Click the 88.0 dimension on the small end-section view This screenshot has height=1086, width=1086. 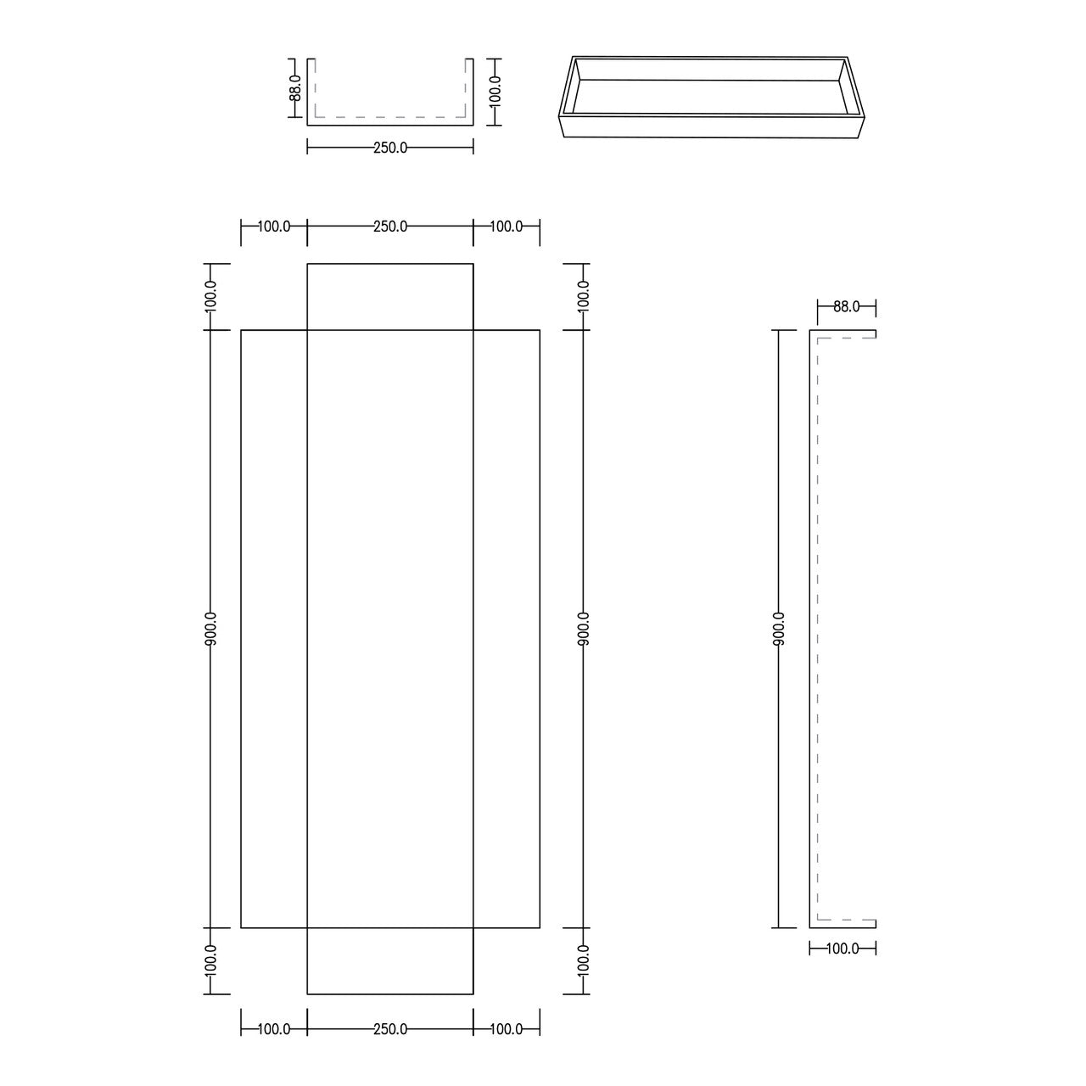click(295, 87)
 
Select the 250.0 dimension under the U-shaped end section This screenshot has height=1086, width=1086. click(390, 148)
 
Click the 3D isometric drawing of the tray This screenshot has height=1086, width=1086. click(711, 96)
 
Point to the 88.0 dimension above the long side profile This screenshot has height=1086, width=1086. click(846, 307)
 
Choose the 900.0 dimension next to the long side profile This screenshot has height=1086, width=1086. click(779, 628)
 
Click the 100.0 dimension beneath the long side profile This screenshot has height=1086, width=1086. click(842, 949)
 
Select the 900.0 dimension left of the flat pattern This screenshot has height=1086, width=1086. click(211, 628)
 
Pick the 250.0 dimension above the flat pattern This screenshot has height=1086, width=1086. click(390, 227)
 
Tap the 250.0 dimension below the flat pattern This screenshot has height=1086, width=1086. click(390, 1029)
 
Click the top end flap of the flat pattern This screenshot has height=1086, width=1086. click(390, 297)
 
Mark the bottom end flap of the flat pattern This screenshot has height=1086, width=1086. click(390, 960)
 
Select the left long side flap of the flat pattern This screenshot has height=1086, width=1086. click(274, 628)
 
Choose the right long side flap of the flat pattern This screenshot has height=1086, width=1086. click(507, 628)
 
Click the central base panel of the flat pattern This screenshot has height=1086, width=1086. click(390, 628)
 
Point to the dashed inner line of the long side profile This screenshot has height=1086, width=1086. click(817, 628)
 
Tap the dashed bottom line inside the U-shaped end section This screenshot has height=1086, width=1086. click(390, 117)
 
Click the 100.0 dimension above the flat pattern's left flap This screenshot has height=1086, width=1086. click(274, 227)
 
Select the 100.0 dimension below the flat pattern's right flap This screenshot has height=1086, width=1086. click(507, 1029)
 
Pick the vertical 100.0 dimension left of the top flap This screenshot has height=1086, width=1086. click(211, 296)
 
